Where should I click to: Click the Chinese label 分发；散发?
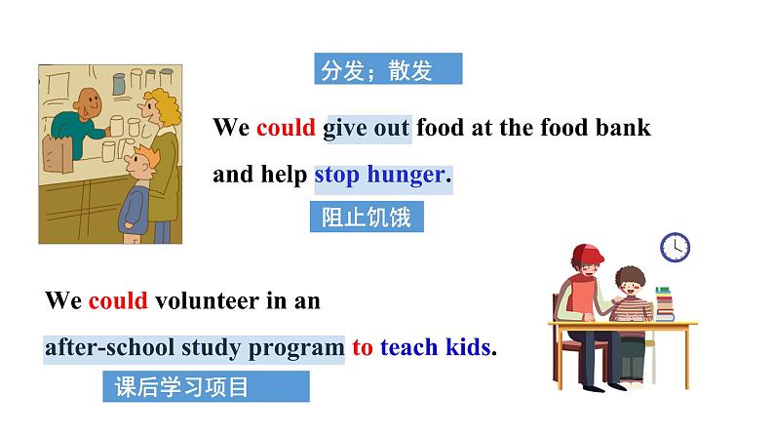coord(375,70)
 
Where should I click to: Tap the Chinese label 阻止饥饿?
coord(367,217)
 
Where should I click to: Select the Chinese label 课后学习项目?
coord(181,387)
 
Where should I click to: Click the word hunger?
coord(406,176)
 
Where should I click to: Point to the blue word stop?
coord(337,176)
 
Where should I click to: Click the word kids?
coord(469,347)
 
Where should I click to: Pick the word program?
coord(296,347)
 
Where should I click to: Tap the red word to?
coord(363,347)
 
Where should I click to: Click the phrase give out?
coord(367,128)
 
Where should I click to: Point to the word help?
coord(283,176)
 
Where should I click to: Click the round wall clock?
coord(675,247)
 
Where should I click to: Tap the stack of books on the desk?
coord(665,303)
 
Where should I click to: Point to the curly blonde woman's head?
coord(162,104)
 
